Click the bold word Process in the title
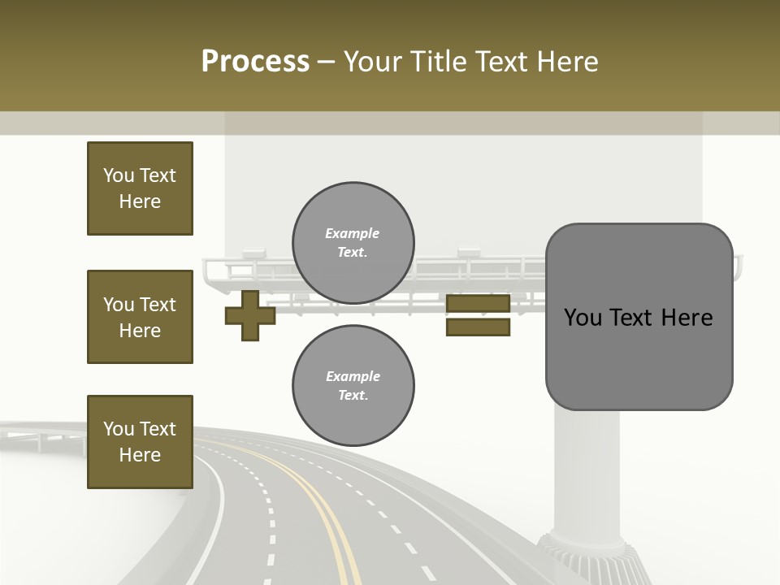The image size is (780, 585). [255, 62]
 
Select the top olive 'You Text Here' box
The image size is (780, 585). [140, 188]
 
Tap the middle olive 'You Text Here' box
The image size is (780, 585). [140, 317]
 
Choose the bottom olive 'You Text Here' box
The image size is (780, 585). [140, 442]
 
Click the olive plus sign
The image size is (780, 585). [250, 315]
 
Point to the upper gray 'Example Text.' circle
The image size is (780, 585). [353, 243]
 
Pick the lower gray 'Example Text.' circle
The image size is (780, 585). [353, 386]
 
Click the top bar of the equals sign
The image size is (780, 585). [478, 304]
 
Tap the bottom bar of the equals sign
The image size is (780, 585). [478, 327]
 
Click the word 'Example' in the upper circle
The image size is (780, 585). [353, 234]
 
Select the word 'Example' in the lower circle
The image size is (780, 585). [353, 377]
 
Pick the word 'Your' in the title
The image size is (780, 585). [376, 62]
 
